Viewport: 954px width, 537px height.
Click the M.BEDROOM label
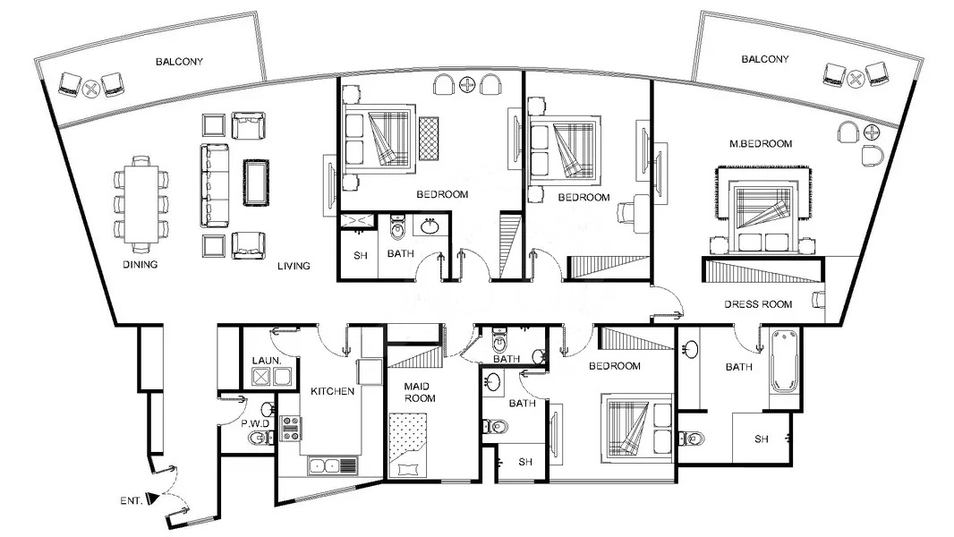click(x=761, y=143)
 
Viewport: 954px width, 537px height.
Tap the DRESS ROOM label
click(x=758, y=304)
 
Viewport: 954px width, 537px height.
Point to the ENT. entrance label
click(x=131, y=501)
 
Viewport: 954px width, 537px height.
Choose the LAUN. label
click(x=267, y=361)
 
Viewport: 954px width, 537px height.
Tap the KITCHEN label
click(x=333, y=392)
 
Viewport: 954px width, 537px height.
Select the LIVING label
click(x=293, y=266)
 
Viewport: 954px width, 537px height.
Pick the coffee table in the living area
click(x=256, y=182)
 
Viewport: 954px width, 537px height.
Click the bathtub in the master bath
click(x=782, y=362)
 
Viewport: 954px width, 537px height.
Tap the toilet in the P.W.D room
click(x=259, y=438)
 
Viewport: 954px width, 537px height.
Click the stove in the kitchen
click(x=291, y=429)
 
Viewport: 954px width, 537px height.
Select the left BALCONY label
click(x=179, y=62)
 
